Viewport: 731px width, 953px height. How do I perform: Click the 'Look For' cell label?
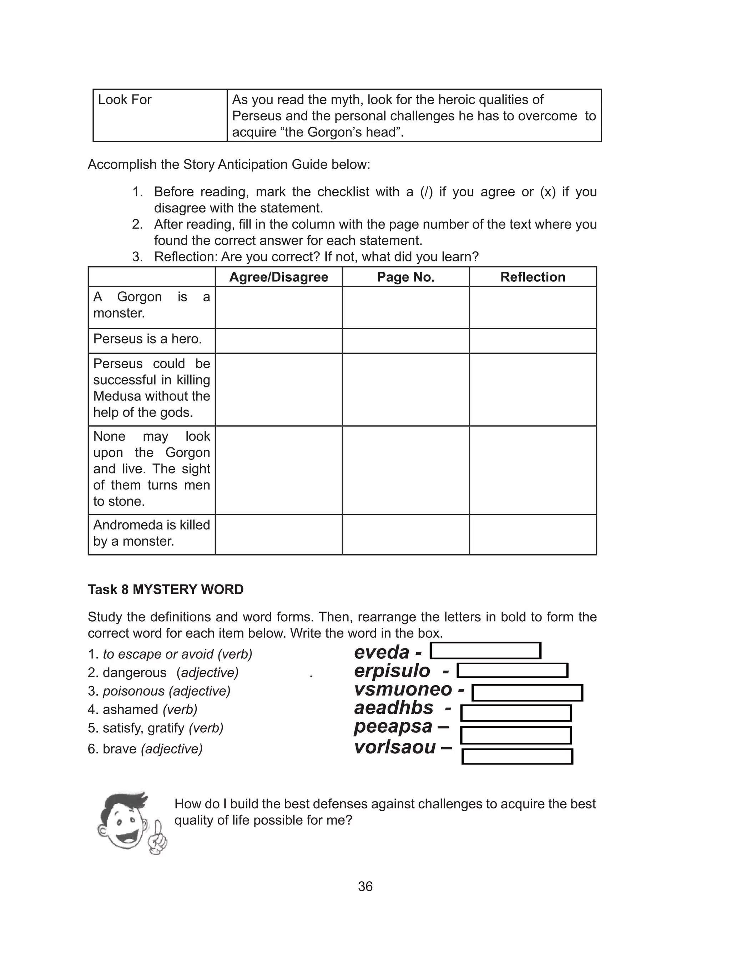(x=125, y=100)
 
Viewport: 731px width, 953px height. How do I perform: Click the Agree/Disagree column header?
(x=278, y=277)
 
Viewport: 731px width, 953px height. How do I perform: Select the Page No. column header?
(x=405, y=277)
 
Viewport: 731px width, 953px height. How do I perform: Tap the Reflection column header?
(x=533, y=277)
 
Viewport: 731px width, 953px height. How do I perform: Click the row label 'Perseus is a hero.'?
(x=147, y=338)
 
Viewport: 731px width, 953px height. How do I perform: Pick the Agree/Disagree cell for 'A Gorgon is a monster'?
(x=278, y=307)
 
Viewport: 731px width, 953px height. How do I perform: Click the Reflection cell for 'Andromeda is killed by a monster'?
(x=533, y=535)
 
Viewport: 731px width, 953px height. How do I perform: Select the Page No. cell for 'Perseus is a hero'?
(x=405, y=340)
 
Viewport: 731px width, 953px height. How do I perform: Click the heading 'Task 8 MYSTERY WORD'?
(x=165, y=589)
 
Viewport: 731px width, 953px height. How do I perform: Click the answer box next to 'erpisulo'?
(x=512, y=671)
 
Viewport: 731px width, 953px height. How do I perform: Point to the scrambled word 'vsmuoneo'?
(x=403, y=689)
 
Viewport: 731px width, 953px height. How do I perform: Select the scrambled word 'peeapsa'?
(x=393, y=726)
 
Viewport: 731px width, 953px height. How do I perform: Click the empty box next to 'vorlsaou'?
(x=517, y=756)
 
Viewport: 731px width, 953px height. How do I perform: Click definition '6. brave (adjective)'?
(x=145, y=748)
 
